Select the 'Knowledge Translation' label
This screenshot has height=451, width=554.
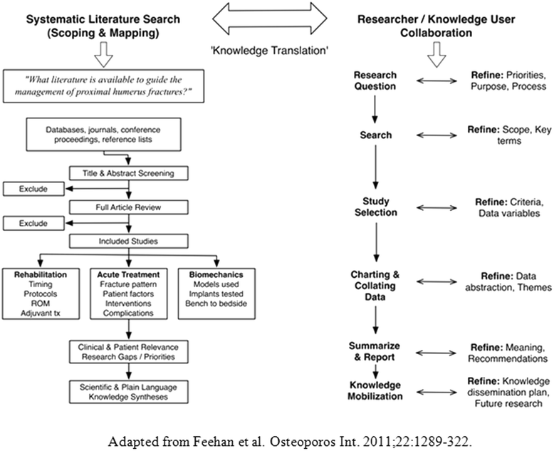(274, 52)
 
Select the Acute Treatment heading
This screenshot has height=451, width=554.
(127, 274)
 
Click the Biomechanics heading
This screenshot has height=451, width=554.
(215, 274)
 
